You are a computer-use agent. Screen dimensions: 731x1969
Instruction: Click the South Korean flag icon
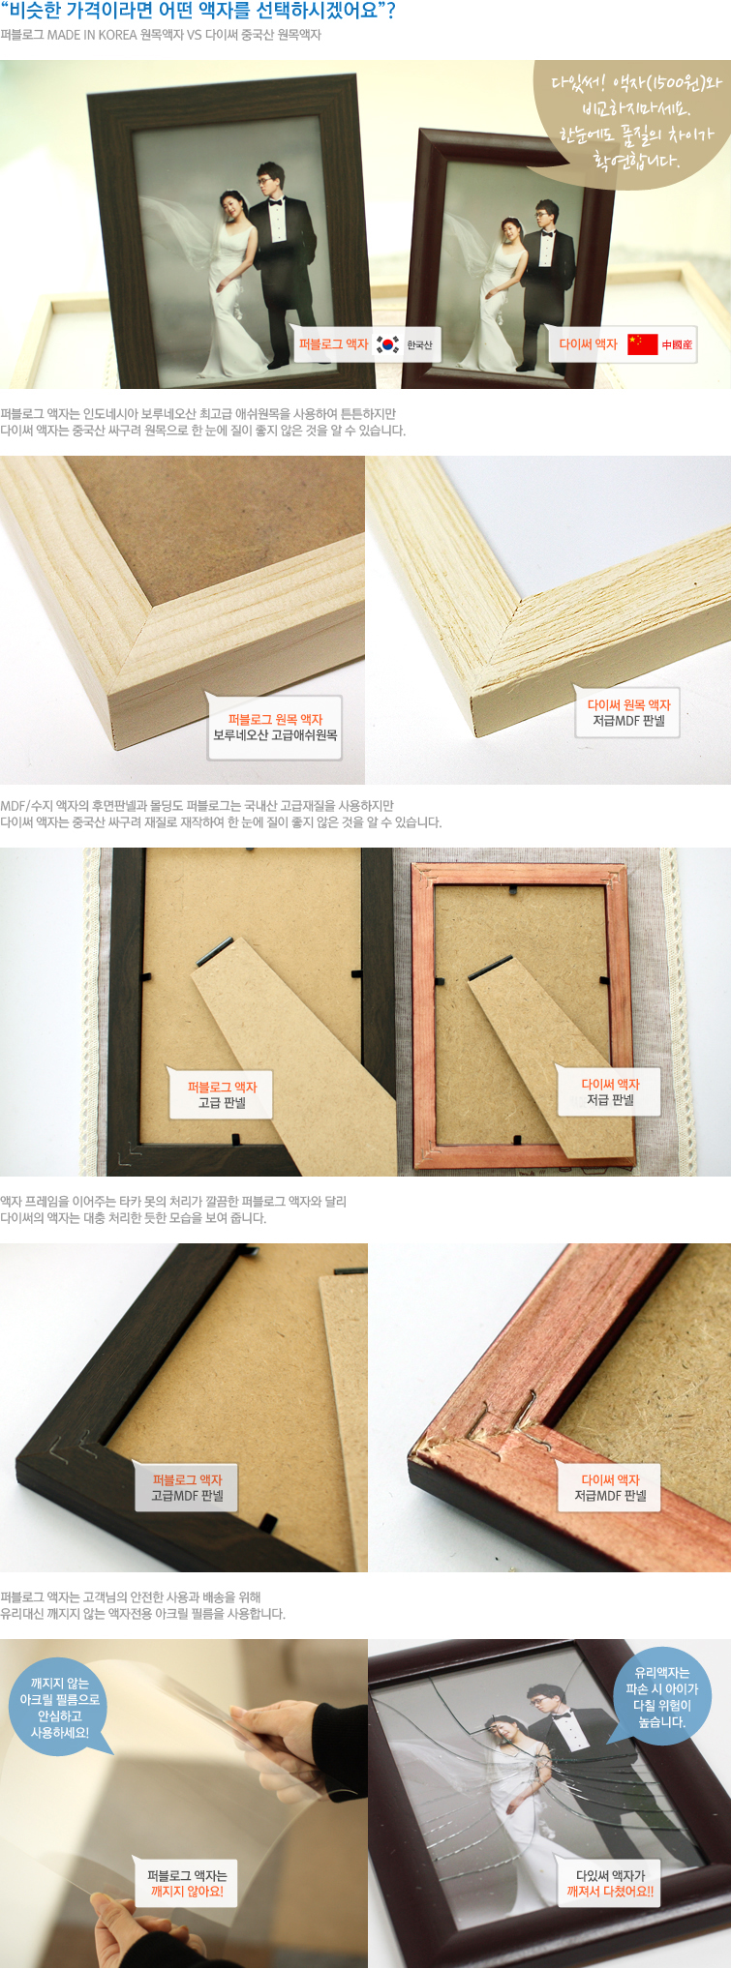click(388, 344)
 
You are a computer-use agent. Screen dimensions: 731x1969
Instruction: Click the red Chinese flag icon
click(642, 344)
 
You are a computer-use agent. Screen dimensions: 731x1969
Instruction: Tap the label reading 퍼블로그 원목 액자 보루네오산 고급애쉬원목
click(275, 728)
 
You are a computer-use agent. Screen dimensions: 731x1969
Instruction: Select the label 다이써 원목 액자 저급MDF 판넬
click(628, 713)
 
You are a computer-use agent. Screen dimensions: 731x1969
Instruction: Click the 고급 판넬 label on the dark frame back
click(222, 1094)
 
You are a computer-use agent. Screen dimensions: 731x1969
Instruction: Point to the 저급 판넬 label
click(610, 1091)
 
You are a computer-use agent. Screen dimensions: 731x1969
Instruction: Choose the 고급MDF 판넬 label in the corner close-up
click(187, 1488)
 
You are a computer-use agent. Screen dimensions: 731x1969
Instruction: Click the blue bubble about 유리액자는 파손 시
click(662, 1696)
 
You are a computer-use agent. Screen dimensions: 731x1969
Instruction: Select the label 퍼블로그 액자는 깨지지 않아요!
click(187, 1883)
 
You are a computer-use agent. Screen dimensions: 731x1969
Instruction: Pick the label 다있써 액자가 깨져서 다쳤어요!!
click(610, 1883)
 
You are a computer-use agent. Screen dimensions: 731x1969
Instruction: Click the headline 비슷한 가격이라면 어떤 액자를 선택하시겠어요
click(198, 13)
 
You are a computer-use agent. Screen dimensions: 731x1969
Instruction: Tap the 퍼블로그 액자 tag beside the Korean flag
click(334, 344)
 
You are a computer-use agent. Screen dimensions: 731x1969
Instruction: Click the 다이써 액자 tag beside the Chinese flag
click(588, 344)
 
